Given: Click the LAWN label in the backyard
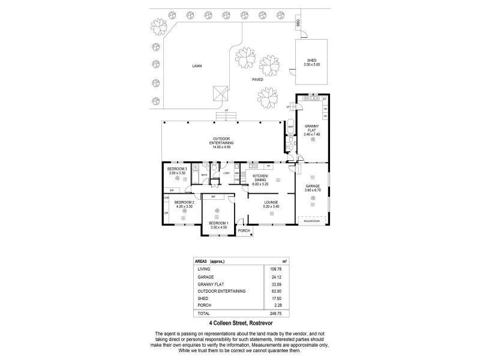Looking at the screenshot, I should tap(197, 66).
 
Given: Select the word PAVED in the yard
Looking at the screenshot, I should tap(257, 79).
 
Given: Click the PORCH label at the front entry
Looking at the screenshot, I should tap(244, 230).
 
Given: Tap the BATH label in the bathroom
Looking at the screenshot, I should tap(204, 175).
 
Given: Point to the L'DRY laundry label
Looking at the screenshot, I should tap(226, 173).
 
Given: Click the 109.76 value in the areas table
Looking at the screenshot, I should tap(275, 269).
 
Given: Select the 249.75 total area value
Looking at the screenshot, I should tap(275, 314).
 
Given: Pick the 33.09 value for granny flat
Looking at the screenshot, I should tap(275, 284).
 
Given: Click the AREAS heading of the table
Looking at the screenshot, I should tap(202, 262).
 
